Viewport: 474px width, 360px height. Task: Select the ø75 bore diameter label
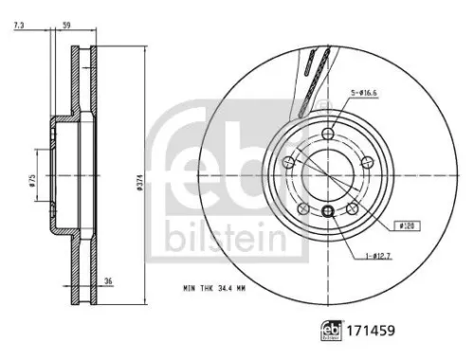pyautogui.click(x=33, y=182)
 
